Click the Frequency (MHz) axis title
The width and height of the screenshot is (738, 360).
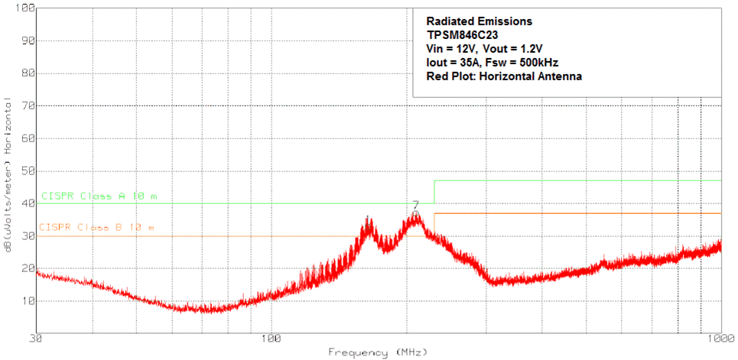tap(372, 352)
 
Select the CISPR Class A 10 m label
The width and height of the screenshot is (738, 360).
tap(100, 196)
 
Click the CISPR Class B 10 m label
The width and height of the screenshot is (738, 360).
tap(96, 228)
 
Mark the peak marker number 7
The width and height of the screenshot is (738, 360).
tap(415, 205)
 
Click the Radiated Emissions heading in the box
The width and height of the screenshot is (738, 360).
tap(479, 21)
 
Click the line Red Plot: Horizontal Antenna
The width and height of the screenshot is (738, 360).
tap(505, 76)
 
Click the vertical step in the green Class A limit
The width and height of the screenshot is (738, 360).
tap(434, 192)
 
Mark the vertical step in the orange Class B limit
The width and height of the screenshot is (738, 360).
tap(434, 222)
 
